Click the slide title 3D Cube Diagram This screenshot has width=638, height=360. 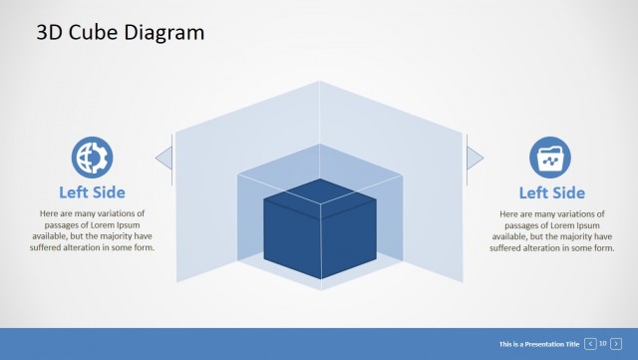120,33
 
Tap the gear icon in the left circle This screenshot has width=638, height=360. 92,158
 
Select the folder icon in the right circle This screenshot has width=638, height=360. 550,158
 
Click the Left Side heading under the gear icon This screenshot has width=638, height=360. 92,192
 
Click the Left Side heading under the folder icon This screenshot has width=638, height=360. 551,192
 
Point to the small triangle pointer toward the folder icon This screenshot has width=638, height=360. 475,156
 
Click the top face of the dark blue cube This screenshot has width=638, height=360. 320,193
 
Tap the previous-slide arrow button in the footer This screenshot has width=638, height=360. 591,343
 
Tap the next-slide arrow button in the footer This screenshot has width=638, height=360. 616,343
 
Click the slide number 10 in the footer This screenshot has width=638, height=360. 603,343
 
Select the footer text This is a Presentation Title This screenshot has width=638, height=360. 538,343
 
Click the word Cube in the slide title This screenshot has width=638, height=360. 88,33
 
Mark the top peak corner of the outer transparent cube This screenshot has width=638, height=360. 320,82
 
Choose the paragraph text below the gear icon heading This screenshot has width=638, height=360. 92,231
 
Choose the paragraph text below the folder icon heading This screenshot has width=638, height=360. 551,231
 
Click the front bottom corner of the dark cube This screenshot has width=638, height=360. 320,279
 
